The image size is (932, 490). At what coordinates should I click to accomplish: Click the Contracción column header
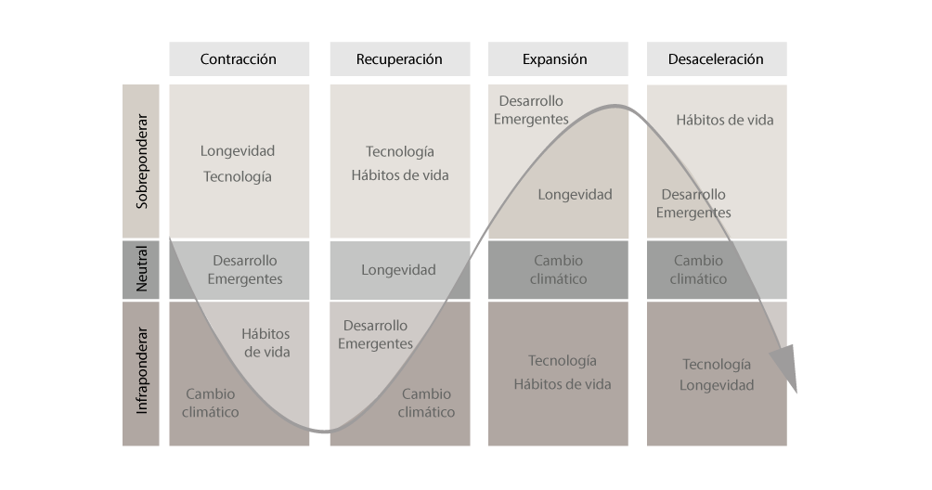click(239, 59)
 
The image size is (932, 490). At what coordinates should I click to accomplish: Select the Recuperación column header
click(399, 59)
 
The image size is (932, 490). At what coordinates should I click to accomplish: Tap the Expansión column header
click(555, 59)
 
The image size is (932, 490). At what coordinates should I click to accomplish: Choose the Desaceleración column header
click(716, 59)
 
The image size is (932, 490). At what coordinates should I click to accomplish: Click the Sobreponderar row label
click(141, 162)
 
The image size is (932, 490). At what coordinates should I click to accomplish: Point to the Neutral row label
click(141, 270)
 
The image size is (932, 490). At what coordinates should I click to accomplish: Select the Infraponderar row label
click(141, 372)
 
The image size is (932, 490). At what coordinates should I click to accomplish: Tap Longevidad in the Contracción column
click(238, 150)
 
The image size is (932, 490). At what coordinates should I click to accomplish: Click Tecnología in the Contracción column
click(238, 176)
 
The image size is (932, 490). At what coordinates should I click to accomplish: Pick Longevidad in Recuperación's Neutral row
click(398, 270)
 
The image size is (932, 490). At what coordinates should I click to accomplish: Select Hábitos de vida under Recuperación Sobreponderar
click(399, 175)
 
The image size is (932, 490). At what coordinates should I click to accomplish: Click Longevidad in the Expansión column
click(575, 195)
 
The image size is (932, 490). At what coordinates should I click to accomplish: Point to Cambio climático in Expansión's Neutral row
click(559, 270)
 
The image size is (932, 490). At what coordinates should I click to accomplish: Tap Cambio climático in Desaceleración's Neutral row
click(698, 270)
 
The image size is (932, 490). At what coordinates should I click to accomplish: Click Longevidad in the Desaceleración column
click(717, 385)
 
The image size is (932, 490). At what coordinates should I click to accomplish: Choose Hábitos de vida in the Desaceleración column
click(724, 120)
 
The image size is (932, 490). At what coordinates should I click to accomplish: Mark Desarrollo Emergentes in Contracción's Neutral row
click(245, 270)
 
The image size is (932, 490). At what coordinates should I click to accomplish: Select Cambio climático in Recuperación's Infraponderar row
click(426, 403)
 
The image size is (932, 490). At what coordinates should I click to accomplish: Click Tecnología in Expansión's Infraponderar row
click(563, 361)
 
